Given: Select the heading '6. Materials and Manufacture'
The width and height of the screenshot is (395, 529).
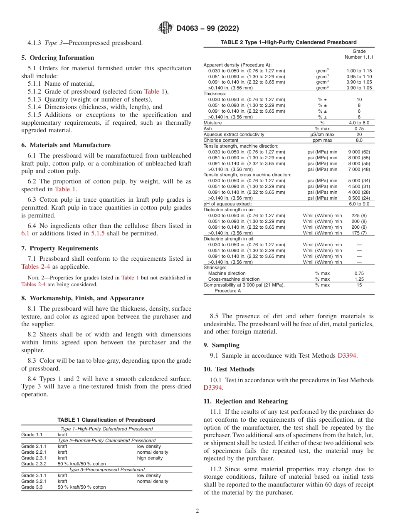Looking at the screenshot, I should pyautogui.click(x=66, y=145).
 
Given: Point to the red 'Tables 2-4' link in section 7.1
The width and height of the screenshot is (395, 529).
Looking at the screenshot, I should pyautogui.click(x=36, y=267).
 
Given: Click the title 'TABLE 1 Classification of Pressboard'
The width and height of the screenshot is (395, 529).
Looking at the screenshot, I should pyautogui.click(x=106, y=420).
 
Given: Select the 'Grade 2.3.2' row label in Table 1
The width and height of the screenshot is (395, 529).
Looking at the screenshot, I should pyautogui.click(x=34, y=464).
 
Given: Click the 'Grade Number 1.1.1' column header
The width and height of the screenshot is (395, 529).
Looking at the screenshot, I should pyautogui.click(x=359, y=54).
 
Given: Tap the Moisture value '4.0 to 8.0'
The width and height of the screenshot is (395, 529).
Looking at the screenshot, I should pyautogui.click(x=359, y=123).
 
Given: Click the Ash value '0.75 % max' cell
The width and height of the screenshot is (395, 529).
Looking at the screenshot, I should pyautogui.click(x=359, y=129).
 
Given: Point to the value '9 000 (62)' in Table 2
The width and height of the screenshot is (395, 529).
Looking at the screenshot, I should pyautogui.click(x=359, y=152).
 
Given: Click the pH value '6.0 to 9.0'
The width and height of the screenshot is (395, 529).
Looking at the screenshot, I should pyautogui.click(x=359, y=204).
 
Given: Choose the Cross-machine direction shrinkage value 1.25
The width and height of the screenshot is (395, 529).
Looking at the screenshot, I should pyautogui.click(x=359, y=279).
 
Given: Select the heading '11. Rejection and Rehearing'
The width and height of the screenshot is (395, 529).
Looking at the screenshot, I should pyautogui.click(x=245, y=401).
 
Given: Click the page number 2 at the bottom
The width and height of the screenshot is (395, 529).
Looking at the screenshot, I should pyautogui.click(x=197, y=511).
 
